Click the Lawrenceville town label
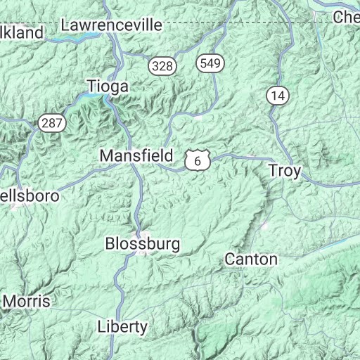112,25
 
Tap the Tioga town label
108,86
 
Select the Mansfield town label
136,155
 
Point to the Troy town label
285,171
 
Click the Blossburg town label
142,244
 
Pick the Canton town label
251,259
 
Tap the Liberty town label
122,326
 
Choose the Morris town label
27,301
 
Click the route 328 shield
161,65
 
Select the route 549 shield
210,63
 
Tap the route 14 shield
277,96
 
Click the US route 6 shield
198,161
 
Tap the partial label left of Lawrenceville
21,32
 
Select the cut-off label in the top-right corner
347,17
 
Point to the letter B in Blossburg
109,244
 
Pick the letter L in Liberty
101,326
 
